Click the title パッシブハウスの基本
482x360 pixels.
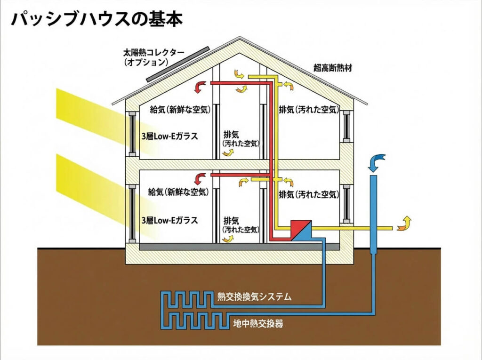click(96, 19)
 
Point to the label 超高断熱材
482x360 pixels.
click(333, 68)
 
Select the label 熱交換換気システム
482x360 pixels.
click(255, 296)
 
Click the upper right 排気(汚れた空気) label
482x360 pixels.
click(308, 110)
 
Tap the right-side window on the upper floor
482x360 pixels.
click(346, 128)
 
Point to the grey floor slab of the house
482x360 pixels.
click(239, 247)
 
